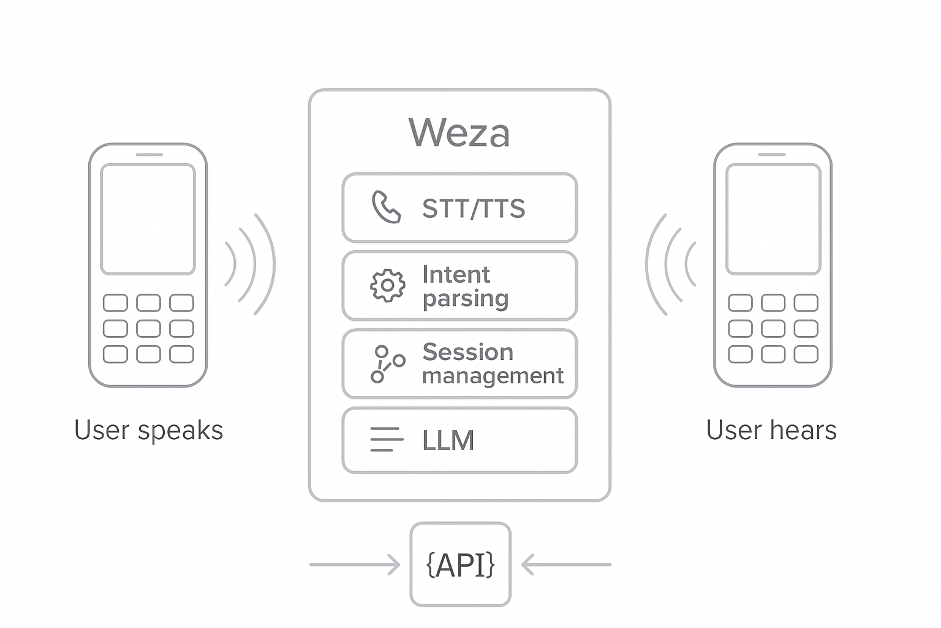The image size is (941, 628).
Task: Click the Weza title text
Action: point(459,132)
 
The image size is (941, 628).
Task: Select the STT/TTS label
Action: point(474,209)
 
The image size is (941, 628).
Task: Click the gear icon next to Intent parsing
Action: point(387,285)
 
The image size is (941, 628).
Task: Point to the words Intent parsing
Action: point(465,286)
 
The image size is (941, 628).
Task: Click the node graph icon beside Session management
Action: point(387,364)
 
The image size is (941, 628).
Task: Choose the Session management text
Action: point(493,364)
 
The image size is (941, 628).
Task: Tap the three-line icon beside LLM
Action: point(387,440)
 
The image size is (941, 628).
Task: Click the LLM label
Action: point(448,440)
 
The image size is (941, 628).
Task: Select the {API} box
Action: point(460,564)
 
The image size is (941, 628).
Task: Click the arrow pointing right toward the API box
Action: point(355,564)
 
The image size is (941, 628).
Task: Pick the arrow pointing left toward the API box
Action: point(566,564)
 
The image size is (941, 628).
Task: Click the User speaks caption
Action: point(148,430)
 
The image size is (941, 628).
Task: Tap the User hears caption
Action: point(771,430)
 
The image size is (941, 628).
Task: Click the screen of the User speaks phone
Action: point(148,219)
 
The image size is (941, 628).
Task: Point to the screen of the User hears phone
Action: point(773,219)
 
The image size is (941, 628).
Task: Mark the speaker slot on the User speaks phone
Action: point(148,155)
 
